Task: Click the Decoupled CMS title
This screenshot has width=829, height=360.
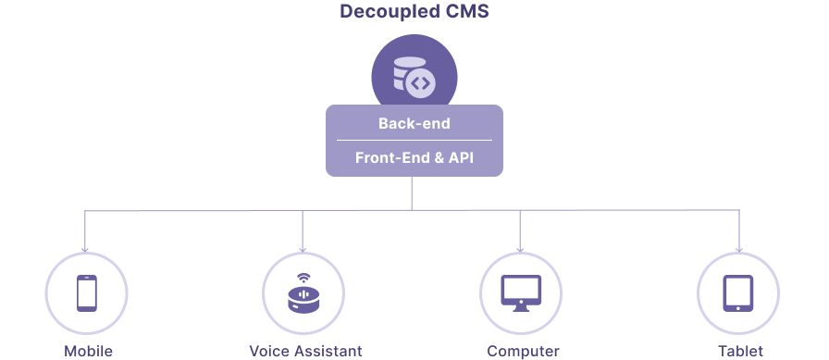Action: coord(414,12)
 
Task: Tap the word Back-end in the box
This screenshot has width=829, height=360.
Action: coord(414,124)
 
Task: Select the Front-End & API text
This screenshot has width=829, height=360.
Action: coord(414,157)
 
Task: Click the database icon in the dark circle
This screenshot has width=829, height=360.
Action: coord(406,73)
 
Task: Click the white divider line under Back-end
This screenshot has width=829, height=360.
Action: coord(414,140)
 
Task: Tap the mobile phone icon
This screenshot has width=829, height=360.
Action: coord(87,292)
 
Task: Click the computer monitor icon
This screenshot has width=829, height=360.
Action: coord(521,292)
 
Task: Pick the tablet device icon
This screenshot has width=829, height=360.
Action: coord(738,292)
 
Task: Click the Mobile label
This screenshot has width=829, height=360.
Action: coord(88,351)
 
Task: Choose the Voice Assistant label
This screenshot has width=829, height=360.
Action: coord(305,351)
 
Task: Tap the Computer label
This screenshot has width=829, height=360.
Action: coord(523,351)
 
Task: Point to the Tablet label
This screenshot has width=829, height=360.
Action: coord(740,351)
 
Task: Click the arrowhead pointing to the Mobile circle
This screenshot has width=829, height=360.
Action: coord(84,250)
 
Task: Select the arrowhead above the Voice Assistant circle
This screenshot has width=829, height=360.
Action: coord(303,250)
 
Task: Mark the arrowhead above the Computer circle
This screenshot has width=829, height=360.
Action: coord(520,250)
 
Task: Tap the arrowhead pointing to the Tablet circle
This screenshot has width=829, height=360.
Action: coord(738,250)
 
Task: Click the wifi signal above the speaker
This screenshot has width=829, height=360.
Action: coord(303,278)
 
